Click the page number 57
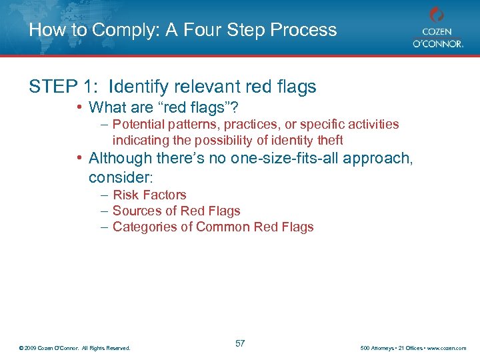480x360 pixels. pyautogui.click(x=240, y=343)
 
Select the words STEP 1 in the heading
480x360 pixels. pyautogui.click(x=61, y=87)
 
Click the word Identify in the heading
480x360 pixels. pyautogui.click(x=135, y=87)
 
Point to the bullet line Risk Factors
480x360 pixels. pyautogui.click(x=149, y=195)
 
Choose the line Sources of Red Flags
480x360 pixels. pyautogui.click(x=176, y=211)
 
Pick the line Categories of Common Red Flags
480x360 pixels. pyautogui.click(x=213, y=227)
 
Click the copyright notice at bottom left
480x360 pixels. pyautogui.click(x=75, y=348)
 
